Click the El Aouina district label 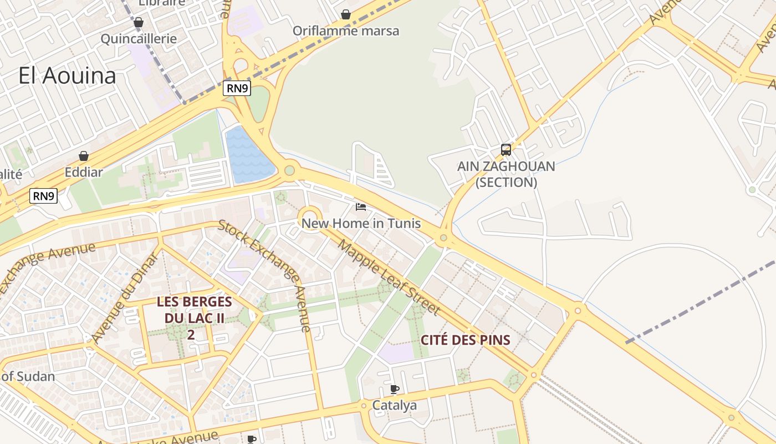[x=67, y=75]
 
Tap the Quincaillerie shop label [x=139, y=38]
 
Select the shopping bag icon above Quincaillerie [x=139, y=22]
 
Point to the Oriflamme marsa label [x=346, y=31]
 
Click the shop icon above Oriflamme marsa [x=346, y=14]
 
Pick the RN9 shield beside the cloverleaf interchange [x=237, y=88]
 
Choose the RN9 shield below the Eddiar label [x=44, y=195]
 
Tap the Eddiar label [x=84, y=172]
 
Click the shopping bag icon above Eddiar [x=84, y=156]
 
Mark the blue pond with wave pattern [x=247, y=155]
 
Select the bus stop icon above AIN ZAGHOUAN [x=506, y=149]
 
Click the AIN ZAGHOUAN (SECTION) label [x=506, y=174]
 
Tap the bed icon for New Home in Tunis [x=361, y=207]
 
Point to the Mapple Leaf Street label [x=389, y=277]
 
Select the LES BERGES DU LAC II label [x=194, y=318]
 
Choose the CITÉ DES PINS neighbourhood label [x=466, y=340]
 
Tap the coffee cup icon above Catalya [x=394, y=389]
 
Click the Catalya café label [x=394, y=405]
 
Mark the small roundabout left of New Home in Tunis [x=310, y=217]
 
